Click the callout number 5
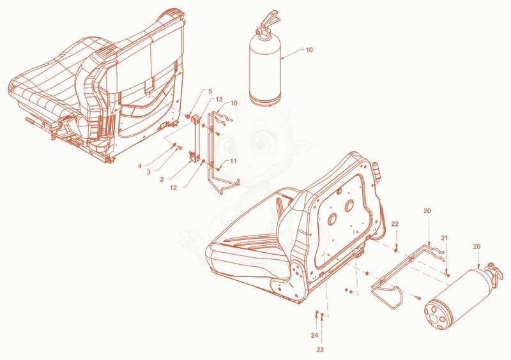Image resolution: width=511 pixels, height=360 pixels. tap(210, 91)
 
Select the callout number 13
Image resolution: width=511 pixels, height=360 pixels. tap(219, 99)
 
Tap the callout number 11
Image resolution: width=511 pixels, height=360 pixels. tap(233, 161)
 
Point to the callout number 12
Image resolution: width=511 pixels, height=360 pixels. tap(173, 188)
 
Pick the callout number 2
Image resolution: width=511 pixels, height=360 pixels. tap(162, 179)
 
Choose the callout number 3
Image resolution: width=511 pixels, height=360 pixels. tap(149, 172)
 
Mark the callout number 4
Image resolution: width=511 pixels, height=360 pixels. tap(140, 166)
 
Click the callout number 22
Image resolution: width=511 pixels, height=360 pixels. tap(395, 224)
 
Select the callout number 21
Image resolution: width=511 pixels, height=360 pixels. tap(445, 238)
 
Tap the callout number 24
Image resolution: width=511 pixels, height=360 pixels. tap(314, 335)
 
